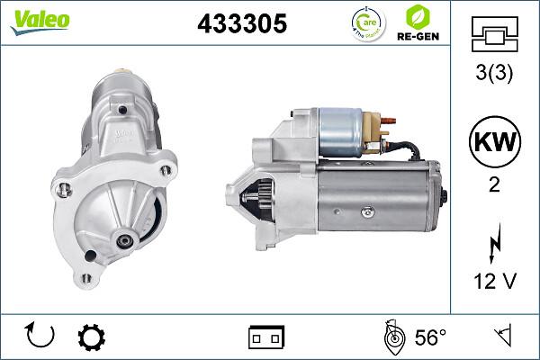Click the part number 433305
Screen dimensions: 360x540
click(x=241, y=24)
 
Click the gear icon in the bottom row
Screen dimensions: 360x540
click(x=91, y=337)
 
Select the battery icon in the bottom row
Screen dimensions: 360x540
click(x=266, y=337)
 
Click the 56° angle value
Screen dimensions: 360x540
click(x=430, y=337)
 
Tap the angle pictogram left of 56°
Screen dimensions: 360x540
click(x=392, y=337)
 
